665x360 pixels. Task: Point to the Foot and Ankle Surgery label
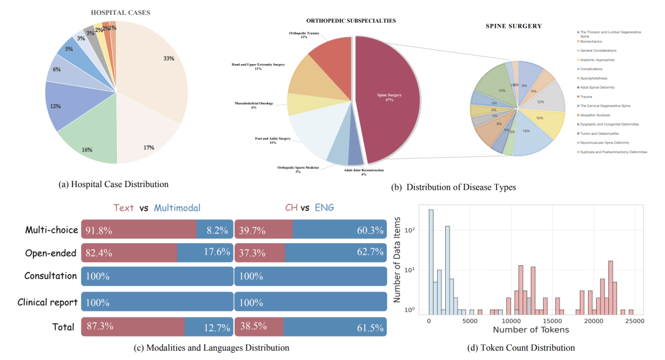click(272, 140)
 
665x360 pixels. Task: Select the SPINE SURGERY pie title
click(514, 26)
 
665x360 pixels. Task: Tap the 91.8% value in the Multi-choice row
click(99, 230)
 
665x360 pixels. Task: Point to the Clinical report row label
click(47, 302)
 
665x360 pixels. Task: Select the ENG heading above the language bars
click(324, 208)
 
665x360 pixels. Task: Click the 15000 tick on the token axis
click(553, 321)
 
